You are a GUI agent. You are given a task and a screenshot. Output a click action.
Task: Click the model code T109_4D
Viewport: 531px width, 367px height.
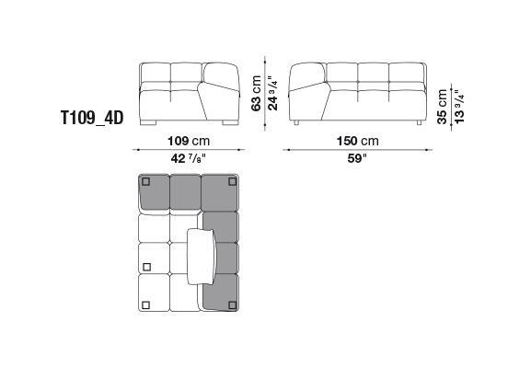[92, 118]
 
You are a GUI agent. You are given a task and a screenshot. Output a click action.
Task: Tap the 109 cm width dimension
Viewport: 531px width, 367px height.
[189, 141]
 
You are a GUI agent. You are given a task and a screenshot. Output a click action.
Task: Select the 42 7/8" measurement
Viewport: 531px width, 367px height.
[189, 158]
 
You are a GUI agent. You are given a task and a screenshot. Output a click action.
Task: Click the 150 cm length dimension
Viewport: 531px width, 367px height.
[357, 141]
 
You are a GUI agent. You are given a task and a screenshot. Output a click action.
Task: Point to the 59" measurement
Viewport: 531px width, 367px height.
[357, 158]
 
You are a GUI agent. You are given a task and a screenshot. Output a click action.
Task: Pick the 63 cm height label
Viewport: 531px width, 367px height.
[256, 93]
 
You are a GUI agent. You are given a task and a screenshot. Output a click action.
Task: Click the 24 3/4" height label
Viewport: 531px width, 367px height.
[272, 93]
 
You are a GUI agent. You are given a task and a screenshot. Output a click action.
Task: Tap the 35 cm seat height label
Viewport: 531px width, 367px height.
[442, 107]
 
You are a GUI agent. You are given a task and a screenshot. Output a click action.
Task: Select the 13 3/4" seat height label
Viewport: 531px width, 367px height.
[459, 107]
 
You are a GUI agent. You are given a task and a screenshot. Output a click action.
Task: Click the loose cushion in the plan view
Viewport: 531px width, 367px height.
[202, 257]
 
